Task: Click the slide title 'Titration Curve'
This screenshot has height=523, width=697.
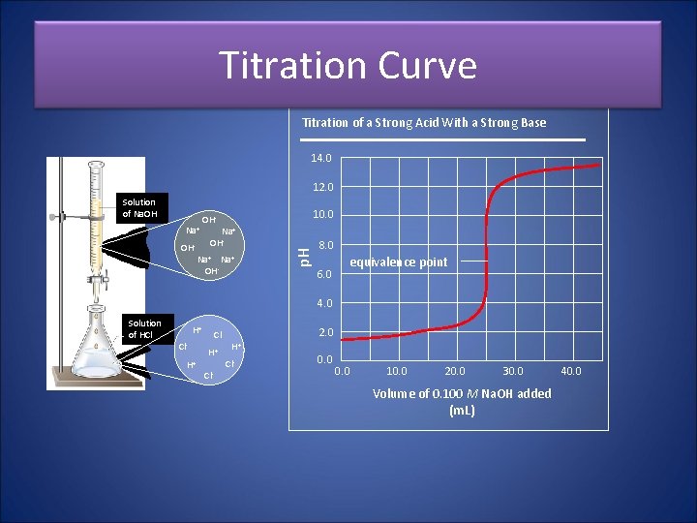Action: click(348, 66)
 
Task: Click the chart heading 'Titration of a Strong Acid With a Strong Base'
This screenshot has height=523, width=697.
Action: click(424, 123)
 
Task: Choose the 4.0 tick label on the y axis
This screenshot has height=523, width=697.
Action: click(324, 304)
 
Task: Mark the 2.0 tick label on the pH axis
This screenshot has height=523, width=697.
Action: click(324, 333)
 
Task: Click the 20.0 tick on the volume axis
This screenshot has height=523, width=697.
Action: click(455, 371)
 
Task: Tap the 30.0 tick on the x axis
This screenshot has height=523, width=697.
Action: click(513, 371)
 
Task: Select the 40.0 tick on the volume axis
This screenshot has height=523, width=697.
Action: click(571, 371)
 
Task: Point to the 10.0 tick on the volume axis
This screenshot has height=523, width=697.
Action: click(397, 371)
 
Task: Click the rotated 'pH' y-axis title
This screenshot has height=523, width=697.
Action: click(303, 257)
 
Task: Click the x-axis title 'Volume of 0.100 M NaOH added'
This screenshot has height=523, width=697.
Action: click(462, 393)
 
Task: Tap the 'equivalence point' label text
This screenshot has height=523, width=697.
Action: click(398, 262)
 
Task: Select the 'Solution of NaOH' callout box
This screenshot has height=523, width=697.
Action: click(138, 208)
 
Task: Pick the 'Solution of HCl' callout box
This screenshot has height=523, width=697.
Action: click(145, 329)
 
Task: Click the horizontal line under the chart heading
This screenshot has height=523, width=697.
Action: click(443, 140)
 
